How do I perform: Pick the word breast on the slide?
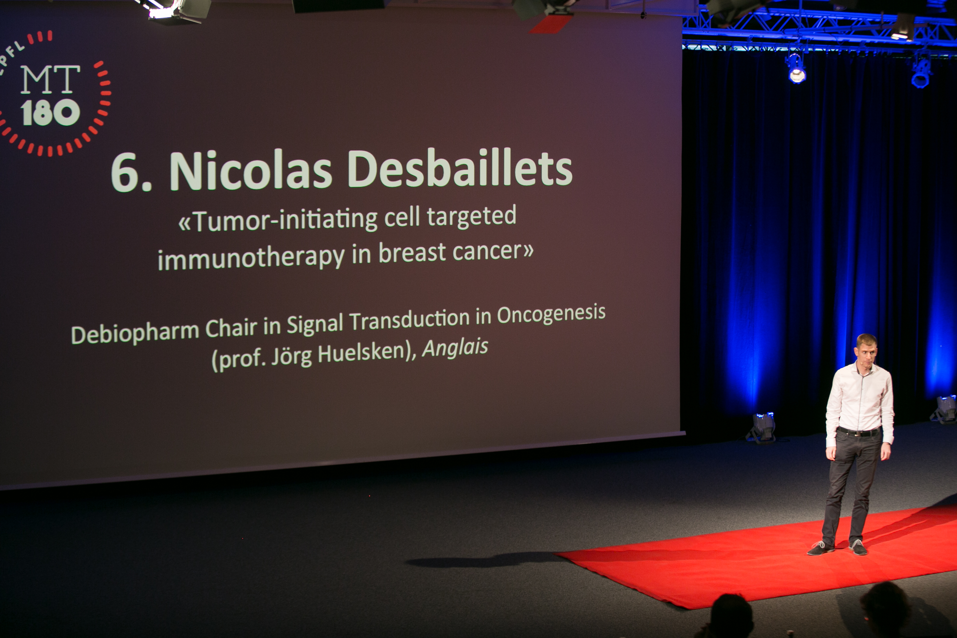click(412, 253)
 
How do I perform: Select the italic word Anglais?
click(455, 348)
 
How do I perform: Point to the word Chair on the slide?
click(231, 328)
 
